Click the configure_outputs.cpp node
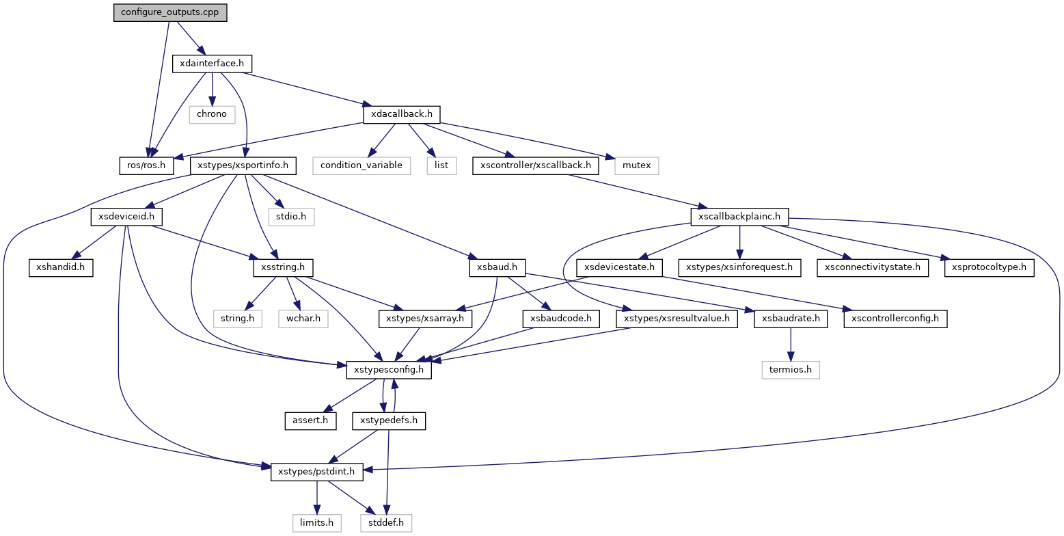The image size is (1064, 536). coord(170,12)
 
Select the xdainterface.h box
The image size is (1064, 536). coord(212,64)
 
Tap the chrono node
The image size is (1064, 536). coord(212,113)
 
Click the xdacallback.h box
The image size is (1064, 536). coord(401,113)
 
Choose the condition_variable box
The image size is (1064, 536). coord(362,165)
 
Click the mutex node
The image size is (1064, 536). coord(637,165)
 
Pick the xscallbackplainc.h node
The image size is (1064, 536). coord(739,217)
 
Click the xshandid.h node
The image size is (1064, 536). coord(60,267)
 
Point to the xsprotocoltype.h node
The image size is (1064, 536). coord(990,267)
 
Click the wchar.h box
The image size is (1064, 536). coord(303,319)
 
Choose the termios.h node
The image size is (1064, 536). coord(791,370)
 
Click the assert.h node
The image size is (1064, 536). coord(311,420)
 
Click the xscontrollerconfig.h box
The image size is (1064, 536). coord(895,319)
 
